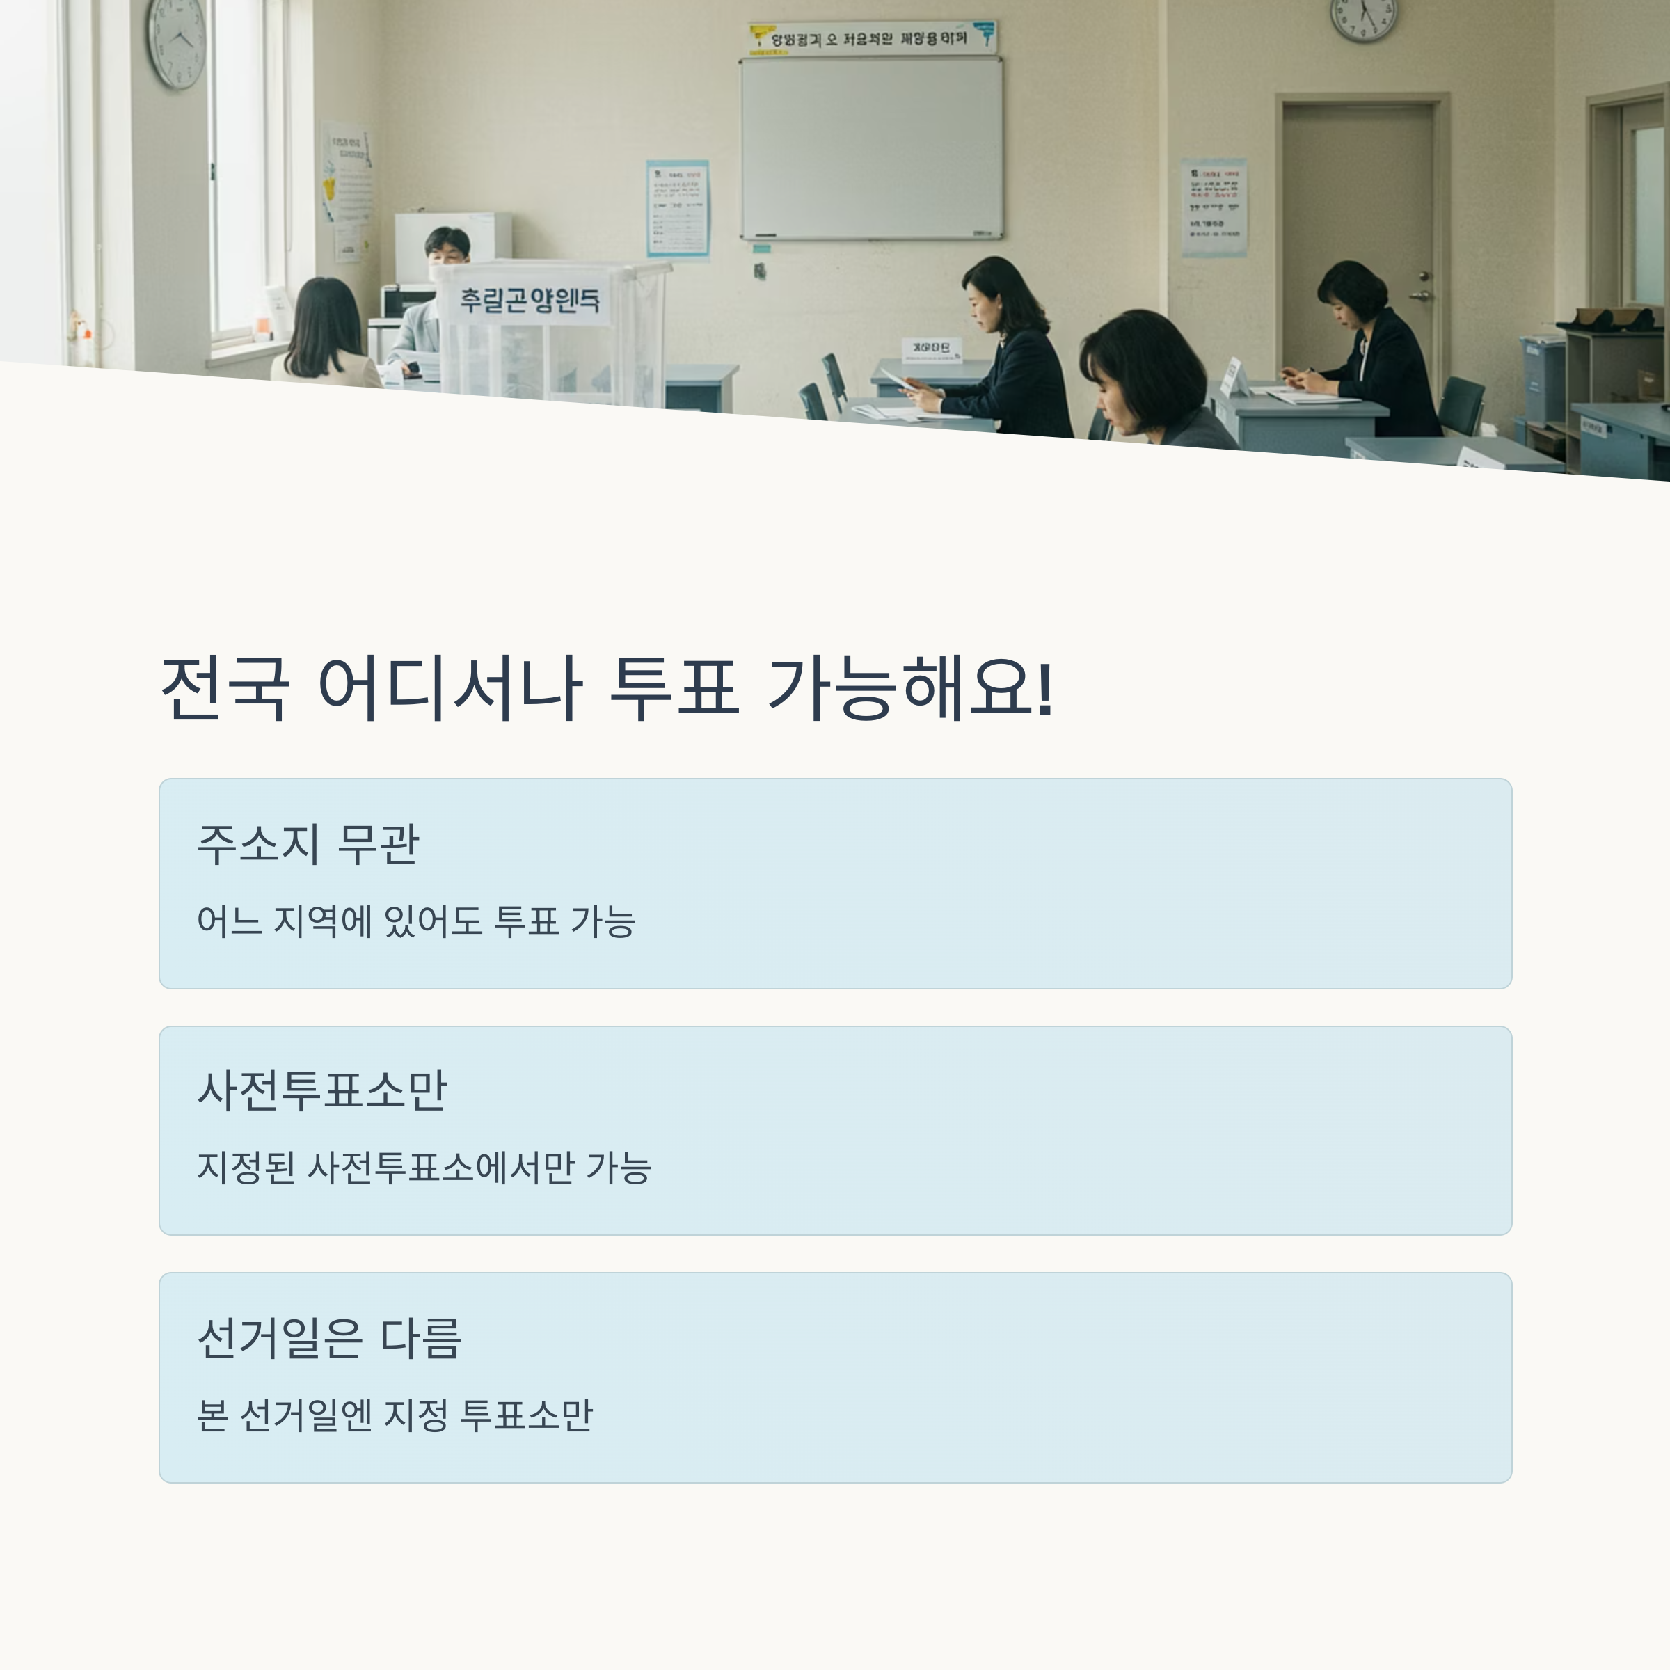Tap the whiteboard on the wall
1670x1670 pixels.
(871, 148)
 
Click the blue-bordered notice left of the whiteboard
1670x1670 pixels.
(678, 208)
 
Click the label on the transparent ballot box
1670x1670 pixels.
(529, 300)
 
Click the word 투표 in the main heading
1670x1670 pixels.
(674, 689)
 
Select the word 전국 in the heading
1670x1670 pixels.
(225, 689)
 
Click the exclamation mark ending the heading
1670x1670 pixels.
(1044, 689)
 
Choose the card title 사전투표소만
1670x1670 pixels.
(321, 1090)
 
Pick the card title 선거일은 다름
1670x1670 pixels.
(329, 1337)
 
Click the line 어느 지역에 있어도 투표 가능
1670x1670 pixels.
(416, 921)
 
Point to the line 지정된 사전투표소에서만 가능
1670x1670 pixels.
(424, 1167)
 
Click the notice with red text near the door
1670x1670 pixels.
(1214, 207)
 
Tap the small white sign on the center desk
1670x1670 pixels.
(930, 349)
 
